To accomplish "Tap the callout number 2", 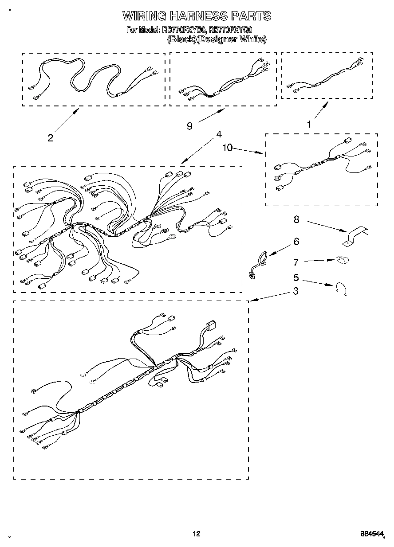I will point(50,138).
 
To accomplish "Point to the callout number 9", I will point(189,126).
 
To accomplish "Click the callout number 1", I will point(309,125).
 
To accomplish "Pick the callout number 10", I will point(227,148).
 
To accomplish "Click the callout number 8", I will point(296,219).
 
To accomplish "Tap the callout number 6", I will point(296,242).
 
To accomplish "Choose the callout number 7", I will point(296,263).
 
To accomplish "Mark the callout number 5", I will point(296,279).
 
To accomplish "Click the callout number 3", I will point(295,292).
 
